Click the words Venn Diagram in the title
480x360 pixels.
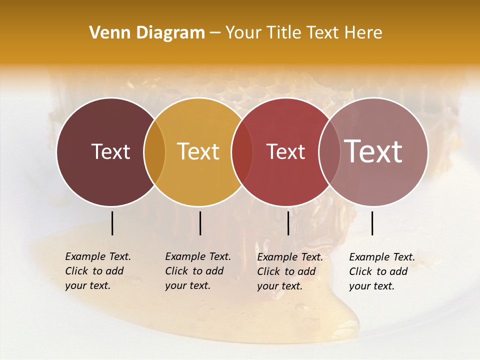pos(147,33)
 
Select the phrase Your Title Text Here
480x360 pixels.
pos(303,33)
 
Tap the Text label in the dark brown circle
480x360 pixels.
pos(110,151)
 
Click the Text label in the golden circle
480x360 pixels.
pos(198,151)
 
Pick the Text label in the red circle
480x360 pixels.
pos(285,151)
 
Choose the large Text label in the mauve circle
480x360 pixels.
pos(373,151)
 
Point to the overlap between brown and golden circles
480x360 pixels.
pos(154,151)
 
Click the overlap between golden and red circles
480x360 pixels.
pos(241,151)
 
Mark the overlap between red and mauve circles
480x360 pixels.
pos(328,151)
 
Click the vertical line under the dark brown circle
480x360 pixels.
pos(112,223)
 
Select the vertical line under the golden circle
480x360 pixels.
pos(200,223)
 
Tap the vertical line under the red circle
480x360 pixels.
pos(288,223)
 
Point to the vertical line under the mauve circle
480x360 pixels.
pos(372,223)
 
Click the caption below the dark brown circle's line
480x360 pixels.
pos(98,271)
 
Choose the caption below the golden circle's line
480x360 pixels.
pos(198,271)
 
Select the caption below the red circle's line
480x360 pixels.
pos(290,271)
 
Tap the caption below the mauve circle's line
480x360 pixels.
pos(382,271)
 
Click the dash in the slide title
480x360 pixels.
pos(215,33)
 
